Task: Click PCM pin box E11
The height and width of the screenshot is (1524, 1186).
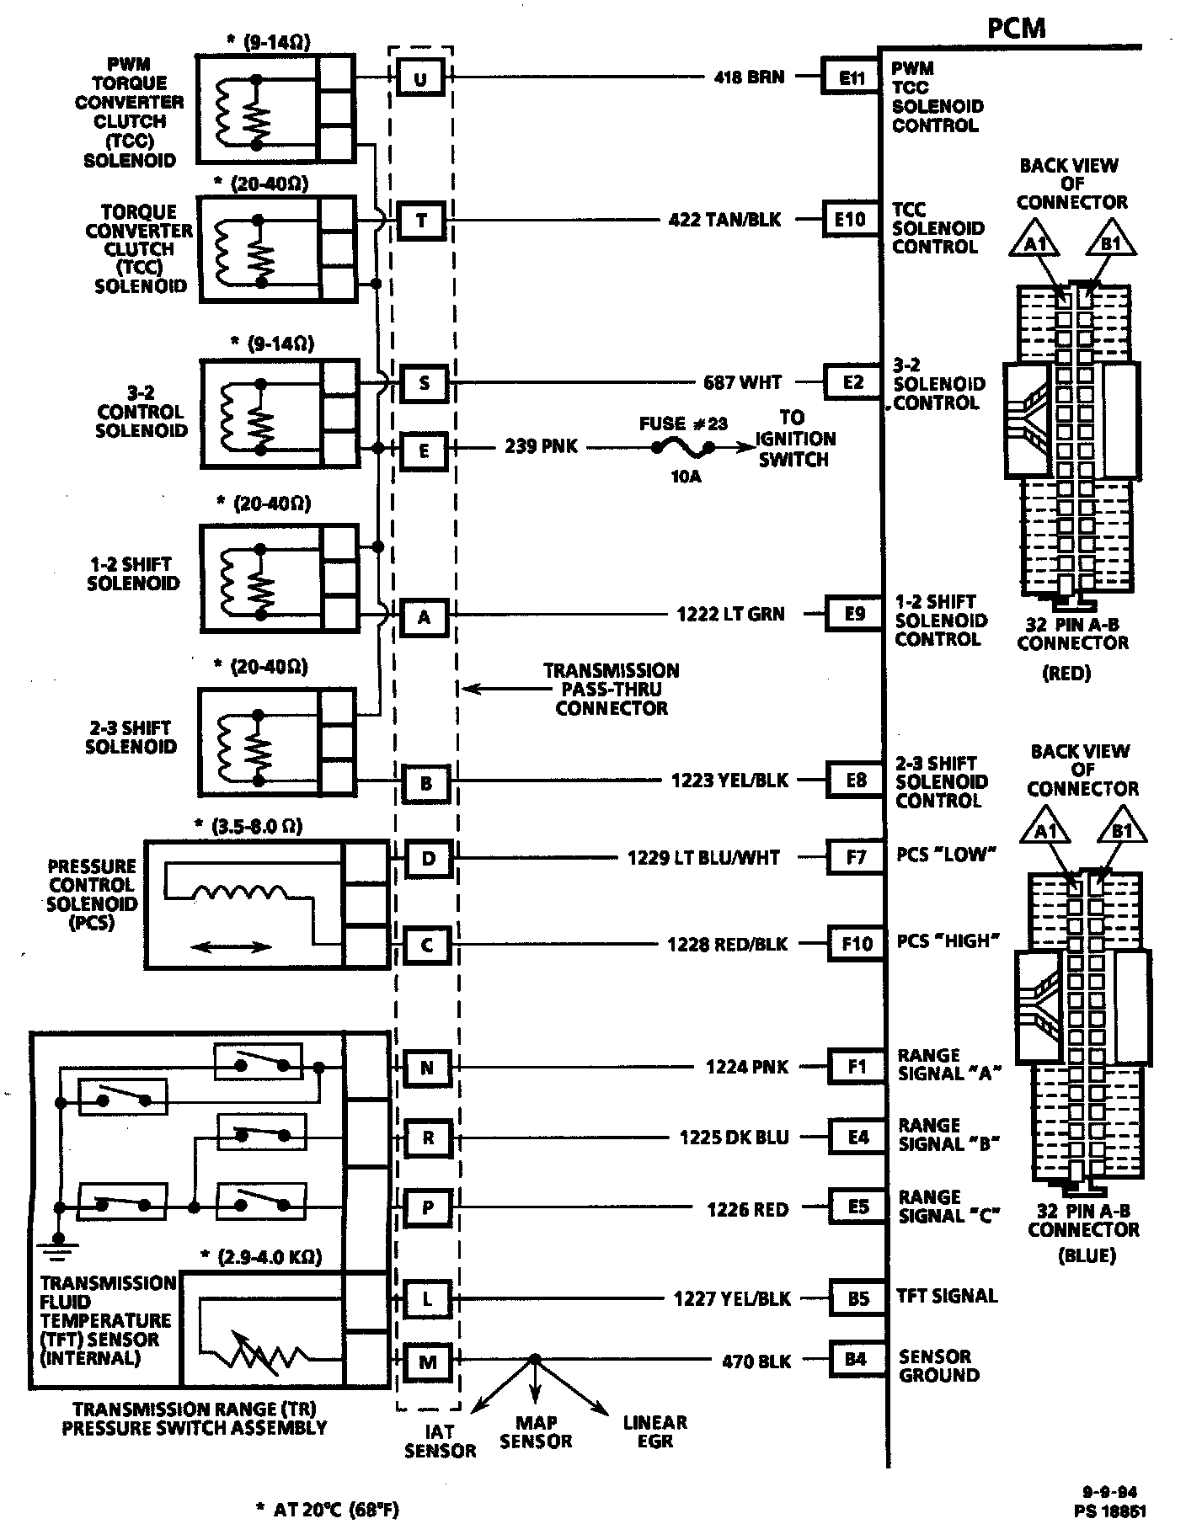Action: tap(851, 78)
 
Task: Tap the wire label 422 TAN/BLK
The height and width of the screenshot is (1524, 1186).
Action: tap(724, 221)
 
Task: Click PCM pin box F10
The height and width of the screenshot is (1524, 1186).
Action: tap(857, 944)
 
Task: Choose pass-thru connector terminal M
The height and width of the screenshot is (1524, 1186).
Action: tap(427, 1361)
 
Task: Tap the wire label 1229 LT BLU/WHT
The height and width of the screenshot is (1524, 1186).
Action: tap(703, 858)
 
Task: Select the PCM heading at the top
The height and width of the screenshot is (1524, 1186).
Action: tap(1016, 28)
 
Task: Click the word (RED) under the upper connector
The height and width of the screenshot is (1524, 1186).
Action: tap(1066, 674)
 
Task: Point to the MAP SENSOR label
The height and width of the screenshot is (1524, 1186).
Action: tap(536, 1431)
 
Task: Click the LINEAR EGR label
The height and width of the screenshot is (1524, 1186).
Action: tap(654, 1431)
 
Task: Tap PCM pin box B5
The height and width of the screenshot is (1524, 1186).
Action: tap(857, 1298)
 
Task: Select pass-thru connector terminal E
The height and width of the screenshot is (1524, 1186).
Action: tap(424, 451)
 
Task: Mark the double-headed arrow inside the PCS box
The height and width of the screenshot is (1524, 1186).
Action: tap(226, 948)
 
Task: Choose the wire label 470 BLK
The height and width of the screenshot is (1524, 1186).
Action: tap(756, 1361)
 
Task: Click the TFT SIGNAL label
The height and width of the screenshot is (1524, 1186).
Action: tap(947, 1297)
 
